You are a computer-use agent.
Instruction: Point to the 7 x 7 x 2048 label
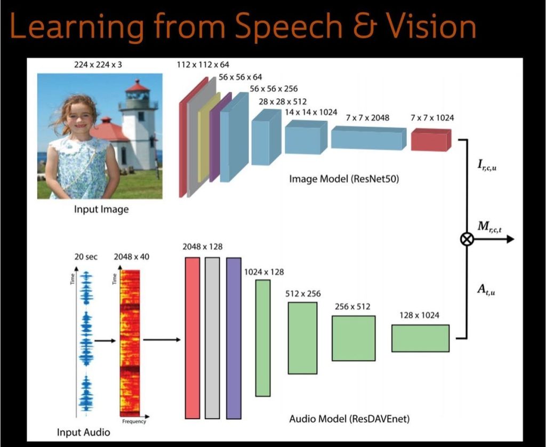(367, 117)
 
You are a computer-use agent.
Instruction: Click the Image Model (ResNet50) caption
(344, 179)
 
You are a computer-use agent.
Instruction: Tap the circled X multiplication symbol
(467, 240)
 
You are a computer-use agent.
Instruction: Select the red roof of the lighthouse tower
(138, 85)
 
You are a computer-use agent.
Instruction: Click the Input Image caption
(101, 210)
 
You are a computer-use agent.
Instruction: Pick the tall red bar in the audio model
(192, 338)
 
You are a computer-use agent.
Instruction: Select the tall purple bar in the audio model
(234, 338)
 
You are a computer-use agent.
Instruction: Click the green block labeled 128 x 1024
(420, 338)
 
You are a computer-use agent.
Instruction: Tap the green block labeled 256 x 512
(354, 338)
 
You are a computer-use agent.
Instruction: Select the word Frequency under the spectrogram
(134, 421)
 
